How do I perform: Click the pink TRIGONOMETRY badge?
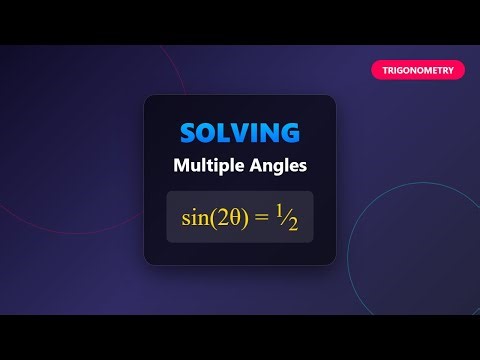point(418,70)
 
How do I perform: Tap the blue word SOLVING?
point(239,132)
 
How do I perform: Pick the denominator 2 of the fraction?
point(292,224)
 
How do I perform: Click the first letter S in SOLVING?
point(188,132)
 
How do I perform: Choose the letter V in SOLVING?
point(239,132)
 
